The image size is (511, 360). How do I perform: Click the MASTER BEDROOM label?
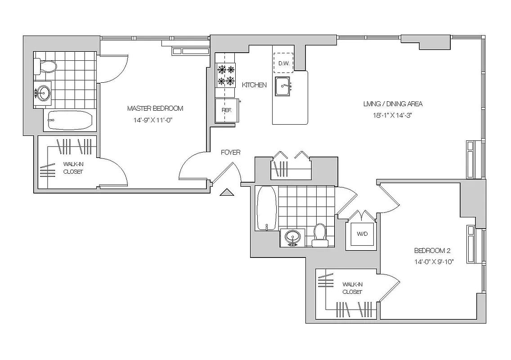155,108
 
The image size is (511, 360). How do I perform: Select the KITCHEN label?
254,85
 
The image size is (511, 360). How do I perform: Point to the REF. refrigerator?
226,110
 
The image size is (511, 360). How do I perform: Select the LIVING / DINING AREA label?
393,104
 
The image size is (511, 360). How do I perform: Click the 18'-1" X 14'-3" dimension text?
393,115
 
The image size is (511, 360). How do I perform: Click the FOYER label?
230,153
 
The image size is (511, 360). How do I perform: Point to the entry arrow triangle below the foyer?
227,193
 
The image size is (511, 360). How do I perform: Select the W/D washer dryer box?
362,234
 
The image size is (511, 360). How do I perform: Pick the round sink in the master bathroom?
44,94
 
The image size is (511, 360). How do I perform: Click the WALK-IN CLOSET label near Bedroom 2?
352,288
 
